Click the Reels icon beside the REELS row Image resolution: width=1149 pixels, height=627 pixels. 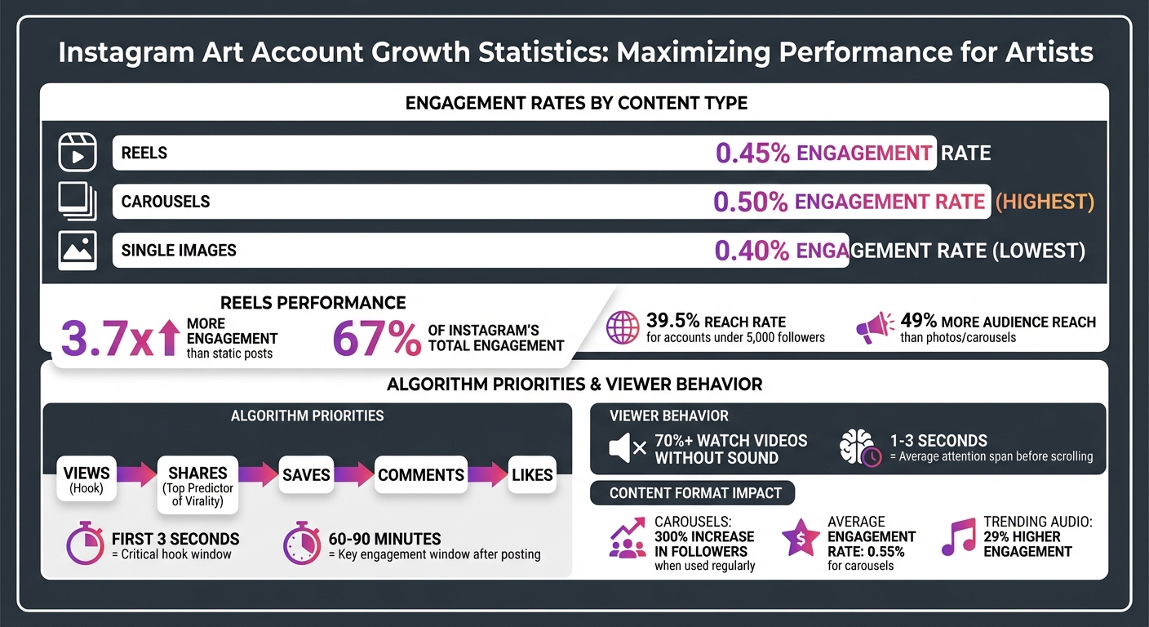pyautogui.click(x=78, y=153)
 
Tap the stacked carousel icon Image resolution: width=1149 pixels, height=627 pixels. pyautogui.click(x=78, y=202)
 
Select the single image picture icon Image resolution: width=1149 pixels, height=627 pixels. pyautogui.click(x=78, y=250)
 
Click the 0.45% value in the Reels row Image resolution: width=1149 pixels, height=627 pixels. pyautogui.click(x=752, y=153)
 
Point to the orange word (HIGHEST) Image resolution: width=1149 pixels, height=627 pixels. pyautogui.click(x=1045, y=202)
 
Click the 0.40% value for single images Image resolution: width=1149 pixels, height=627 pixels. pyautogui.click(x=752, y=251)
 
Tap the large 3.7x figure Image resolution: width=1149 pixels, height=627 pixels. pyautogui.click(x=107, y=339)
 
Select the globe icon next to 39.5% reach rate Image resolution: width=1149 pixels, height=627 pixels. pyautogui.click(x=622, y=328)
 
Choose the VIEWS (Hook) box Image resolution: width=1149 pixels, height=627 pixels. pyautogui.click(x=87, y=479)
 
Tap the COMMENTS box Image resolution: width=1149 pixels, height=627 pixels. pyautogui.click(x=421, y=475)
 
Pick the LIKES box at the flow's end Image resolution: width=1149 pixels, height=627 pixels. pyautogui.click(x=532, y=475)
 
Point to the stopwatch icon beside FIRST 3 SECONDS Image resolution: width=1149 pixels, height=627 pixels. pyautogui.click(x=86, y=545)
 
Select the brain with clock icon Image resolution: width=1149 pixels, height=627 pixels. pyautogui.click(x=860, y=448)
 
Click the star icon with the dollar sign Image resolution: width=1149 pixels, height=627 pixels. pyautogui.click(x=801, y=538)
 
